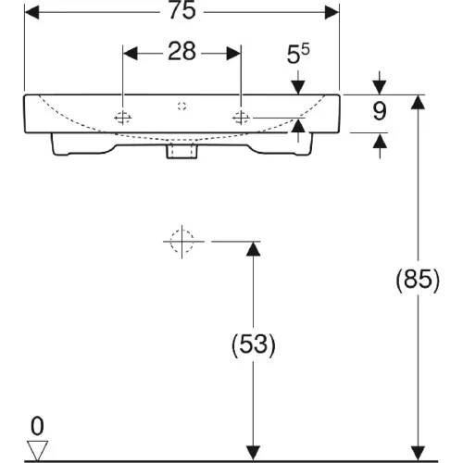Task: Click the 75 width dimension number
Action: [x=182, y=10]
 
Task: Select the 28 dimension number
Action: [x=181, y=51]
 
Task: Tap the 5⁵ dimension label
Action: [x=298, y=54]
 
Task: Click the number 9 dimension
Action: [x=380, y=111]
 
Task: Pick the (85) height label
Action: [x=418, y=281]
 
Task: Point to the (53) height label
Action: [x=253, y=344]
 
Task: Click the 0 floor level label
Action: [x=37, y=426]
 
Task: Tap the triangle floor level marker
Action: [x=37, y=451]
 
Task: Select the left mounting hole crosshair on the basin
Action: [x=123, y=118]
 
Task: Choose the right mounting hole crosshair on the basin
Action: [x=241, y=118]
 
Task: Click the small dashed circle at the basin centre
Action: [x=182, y=106]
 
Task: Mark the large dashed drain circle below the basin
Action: [x=182, y=241]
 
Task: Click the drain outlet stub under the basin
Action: [x=182, y=151]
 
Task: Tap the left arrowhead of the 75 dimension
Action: [x=31, y=12]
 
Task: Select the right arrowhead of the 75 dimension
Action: [x=332, y=12]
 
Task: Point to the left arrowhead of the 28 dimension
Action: [x=131, y=54]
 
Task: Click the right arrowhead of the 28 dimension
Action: [x=233, y=54]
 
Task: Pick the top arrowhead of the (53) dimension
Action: [x=253, y=249]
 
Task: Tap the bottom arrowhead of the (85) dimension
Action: [x=418, y=454]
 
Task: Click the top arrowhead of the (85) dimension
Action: [x=418, y=102]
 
